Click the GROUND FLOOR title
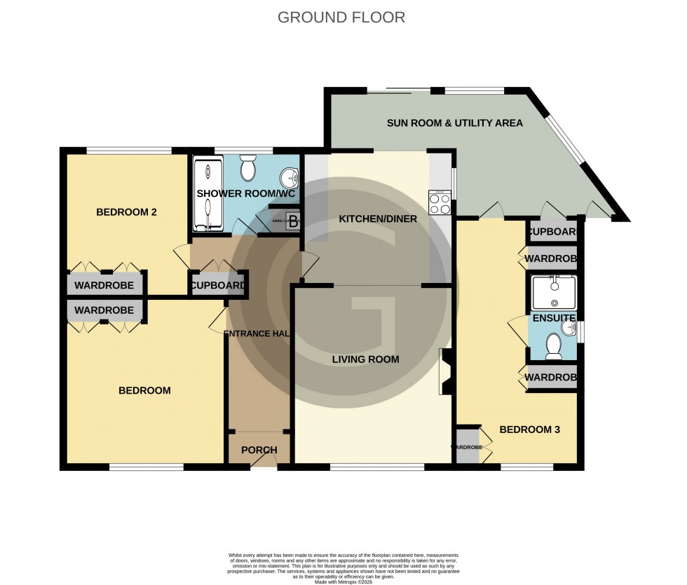point(341,18)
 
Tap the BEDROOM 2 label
point(126,212)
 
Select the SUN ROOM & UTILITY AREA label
point(454,123)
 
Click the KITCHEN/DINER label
point(378,219)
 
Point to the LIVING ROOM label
point(365,359)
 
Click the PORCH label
point(259,450)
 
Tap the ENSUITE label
point(551,318)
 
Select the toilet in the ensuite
point(554,345)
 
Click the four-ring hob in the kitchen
point(440,203)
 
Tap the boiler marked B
point(292,219)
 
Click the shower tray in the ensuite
point(553,293)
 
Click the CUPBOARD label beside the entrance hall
point(218,286)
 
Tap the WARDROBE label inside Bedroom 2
point(104,286)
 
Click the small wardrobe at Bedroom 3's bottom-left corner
point(467,446)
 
